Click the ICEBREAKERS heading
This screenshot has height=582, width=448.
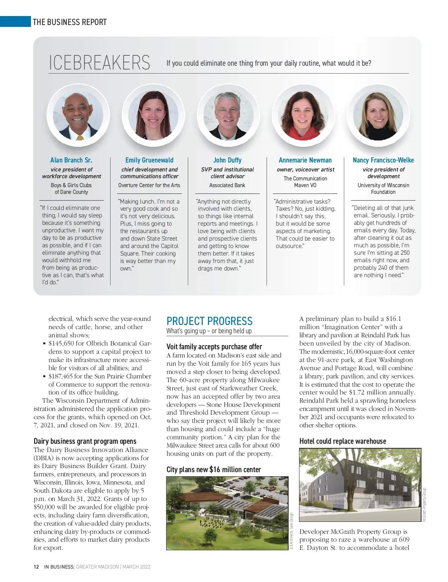pos(99,62)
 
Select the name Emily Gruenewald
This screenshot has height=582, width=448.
pos(149,160)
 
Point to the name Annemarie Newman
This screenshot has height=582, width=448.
pos(305,160)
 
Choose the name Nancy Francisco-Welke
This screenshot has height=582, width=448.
pos(383,160)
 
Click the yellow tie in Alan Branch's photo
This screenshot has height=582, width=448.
pos(80,137)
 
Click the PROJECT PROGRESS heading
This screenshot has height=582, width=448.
pos(209,321)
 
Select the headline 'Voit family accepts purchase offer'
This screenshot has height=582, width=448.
pos(214,347)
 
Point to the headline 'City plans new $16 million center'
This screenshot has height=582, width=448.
pos(214,470)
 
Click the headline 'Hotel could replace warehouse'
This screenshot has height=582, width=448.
pos(343,441)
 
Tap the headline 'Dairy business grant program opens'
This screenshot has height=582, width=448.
pos(85,441)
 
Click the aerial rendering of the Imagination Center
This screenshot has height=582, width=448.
pos(227,513)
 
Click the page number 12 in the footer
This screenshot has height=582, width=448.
pos(36,567)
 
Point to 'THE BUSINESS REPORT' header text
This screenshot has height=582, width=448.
pos(70,22)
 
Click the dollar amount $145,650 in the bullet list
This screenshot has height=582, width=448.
pos(62,343)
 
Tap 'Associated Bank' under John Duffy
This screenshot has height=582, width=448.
pos(227,185)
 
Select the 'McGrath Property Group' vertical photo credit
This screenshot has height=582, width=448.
pos(424,505)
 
